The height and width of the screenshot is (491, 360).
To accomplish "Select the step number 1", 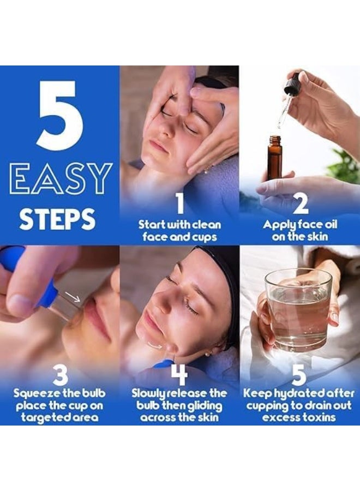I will coord(179,203).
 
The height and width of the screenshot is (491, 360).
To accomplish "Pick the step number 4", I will coord(179,374).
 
